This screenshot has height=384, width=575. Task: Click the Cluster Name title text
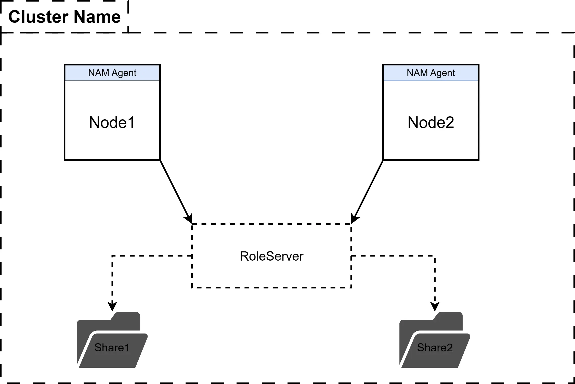click(64, 17)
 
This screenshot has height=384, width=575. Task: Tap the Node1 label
click(112, 122)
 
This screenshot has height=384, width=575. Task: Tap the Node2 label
click(431, 122)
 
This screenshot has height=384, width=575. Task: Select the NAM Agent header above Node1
click(112, 73)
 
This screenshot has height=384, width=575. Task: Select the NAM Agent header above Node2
click(431, 73)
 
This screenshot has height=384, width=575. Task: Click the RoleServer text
click(271, 256)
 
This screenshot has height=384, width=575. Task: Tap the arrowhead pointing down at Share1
click(112, 306)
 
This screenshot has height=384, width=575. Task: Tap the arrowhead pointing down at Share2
click(435, 306)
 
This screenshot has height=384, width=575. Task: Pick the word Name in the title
click(97, 17)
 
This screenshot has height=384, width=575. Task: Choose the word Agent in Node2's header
click(442, 73)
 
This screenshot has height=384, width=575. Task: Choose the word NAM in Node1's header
click(98, 73)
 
